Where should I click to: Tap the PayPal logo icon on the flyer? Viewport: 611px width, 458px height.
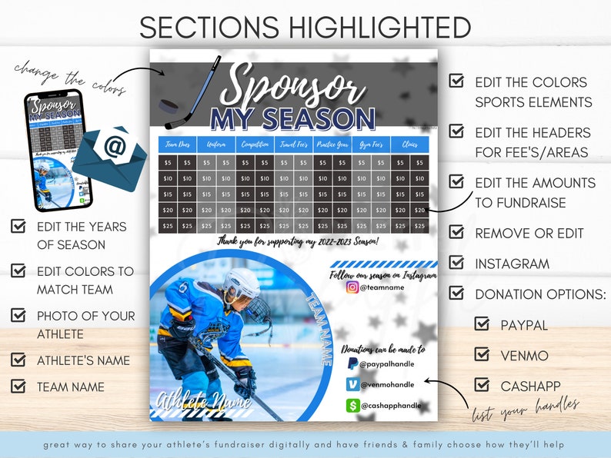tap(352, 363)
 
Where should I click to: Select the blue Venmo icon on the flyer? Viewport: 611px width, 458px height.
tap(352, 384)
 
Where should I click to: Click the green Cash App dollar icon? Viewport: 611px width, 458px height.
tap(352, 405)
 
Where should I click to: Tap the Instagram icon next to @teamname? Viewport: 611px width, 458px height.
tap(352, 287)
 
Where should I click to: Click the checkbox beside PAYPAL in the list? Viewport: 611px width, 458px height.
tap(482, 324)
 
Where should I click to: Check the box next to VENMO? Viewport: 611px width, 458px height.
tap(482, 354)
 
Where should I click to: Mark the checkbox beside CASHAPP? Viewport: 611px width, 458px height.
tap(482, 384)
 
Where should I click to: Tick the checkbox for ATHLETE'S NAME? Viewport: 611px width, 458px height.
tap(18, 360)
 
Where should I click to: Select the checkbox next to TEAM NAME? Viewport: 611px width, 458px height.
tap(18, 386)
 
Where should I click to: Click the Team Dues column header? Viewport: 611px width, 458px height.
tap(178, 144)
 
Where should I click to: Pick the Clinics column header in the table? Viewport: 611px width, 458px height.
tap(409, 144)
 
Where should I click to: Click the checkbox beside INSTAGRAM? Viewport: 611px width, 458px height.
tap(456, 263)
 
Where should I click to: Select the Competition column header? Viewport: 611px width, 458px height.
tap(255, 144)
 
